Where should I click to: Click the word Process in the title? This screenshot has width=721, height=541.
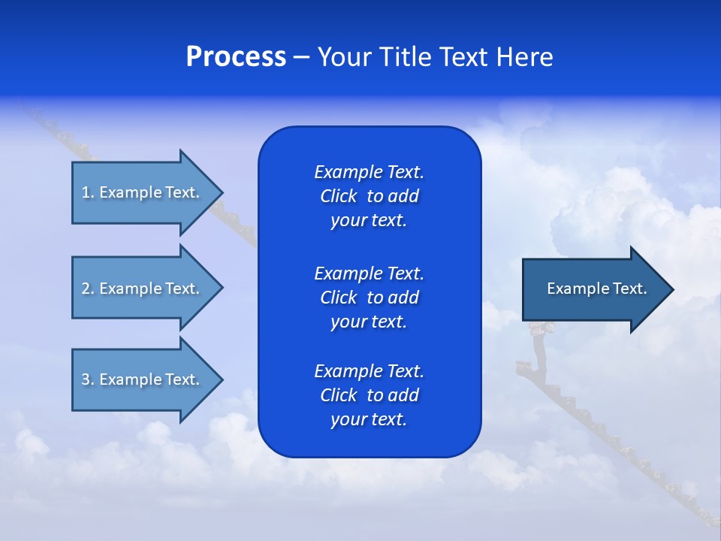click(236, 57)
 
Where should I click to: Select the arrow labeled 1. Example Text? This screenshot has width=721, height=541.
click(143, 192)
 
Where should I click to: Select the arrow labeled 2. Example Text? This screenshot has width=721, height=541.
click(143, 289)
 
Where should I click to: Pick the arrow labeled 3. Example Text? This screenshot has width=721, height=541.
click(143, 379)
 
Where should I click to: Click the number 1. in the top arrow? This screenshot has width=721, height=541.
click(88, 192)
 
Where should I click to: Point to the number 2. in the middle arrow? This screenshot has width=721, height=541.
click(88, 289)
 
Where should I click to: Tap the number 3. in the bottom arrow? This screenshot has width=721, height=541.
click(88, 379)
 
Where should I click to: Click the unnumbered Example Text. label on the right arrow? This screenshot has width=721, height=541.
click(596, 289)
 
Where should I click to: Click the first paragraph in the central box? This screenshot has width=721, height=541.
click(369, 196)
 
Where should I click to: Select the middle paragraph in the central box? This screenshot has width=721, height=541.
click(369, 297)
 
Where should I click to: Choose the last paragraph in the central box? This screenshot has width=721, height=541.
click(369, 395)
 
